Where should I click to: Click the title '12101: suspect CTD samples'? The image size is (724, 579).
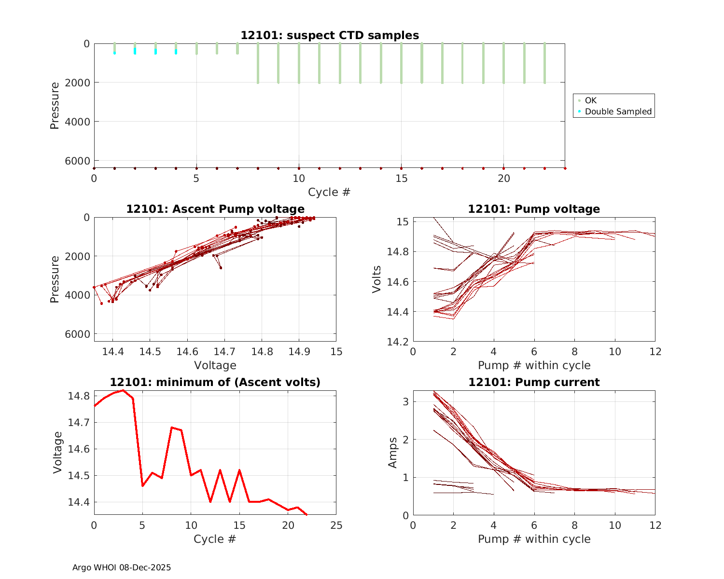pos(330,35)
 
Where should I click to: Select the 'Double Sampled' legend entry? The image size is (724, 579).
pos(618,111)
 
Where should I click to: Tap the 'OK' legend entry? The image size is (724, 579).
pos(590,100)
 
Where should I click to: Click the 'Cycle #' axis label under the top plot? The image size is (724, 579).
pos(329,192)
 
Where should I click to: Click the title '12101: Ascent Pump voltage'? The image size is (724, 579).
pos(215,209)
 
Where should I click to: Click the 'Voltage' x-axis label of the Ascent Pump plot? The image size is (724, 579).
pos(215,365)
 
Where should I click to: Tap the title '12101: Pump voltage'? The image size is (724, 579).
pos(534,209)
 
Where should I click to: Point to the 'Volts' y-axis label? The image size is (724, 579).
pos(377,279)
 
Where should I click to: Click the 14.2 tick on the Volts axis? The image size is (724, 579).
pos(398,342)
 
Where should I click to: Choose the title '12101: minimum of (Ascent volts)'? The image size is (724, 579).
pos(215,382)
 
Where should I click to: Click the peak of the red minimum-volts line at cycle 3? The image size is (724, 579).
pos(123,390)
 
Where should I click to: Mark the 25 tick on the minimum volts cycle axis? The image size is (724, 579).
pos(336,525)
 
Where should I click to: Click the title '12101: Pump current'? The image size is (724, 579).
pos(534,382)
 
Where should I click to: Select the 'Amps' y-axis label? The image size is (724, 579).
pos(392,453)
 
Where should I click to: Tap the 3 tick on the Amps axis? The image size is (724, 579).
pos(406,401)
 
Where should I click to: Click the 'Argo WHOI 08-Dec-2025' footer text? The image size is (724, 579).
pos(122,567)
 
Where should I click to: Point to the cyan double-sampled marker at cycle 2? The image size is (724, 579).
pos(135,51)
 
